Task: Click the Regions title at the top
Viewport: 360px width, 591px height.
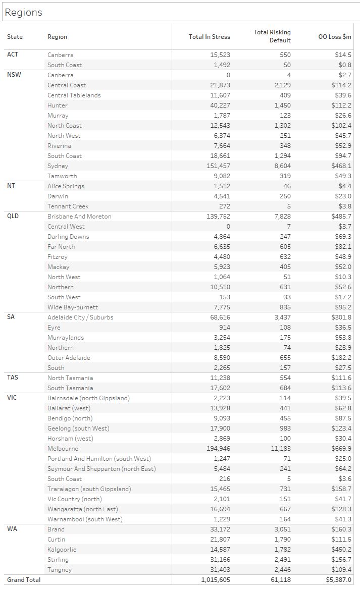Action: pos(23,13)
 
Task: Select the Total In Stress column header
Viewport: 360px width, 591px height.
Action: pos(209,37)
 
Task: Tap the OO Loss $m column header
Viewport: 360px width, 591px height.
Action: pos(335,37)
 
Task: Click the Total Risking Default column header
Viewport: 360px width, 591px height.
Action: pos(272,36)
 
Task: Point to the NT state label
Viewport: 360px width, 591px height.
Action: pos(11,186)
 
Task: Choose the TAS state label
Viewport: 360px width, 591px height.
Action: pos(13,378)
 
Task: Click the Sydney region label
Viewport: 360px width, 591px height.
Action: pos(58,166)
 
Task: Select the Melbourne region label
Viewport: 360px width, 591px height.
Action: pos(63,449)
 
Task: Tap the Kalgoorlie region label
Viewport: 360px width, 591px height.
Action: pos(62,550)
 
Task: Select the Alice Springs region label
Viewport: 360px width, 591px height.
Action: pos(66,186)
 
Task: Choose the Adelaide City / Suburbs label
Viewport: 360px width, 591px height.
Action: pos(80,317)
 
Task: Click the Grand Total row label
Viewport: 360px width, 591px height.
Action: pos(24,580)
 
